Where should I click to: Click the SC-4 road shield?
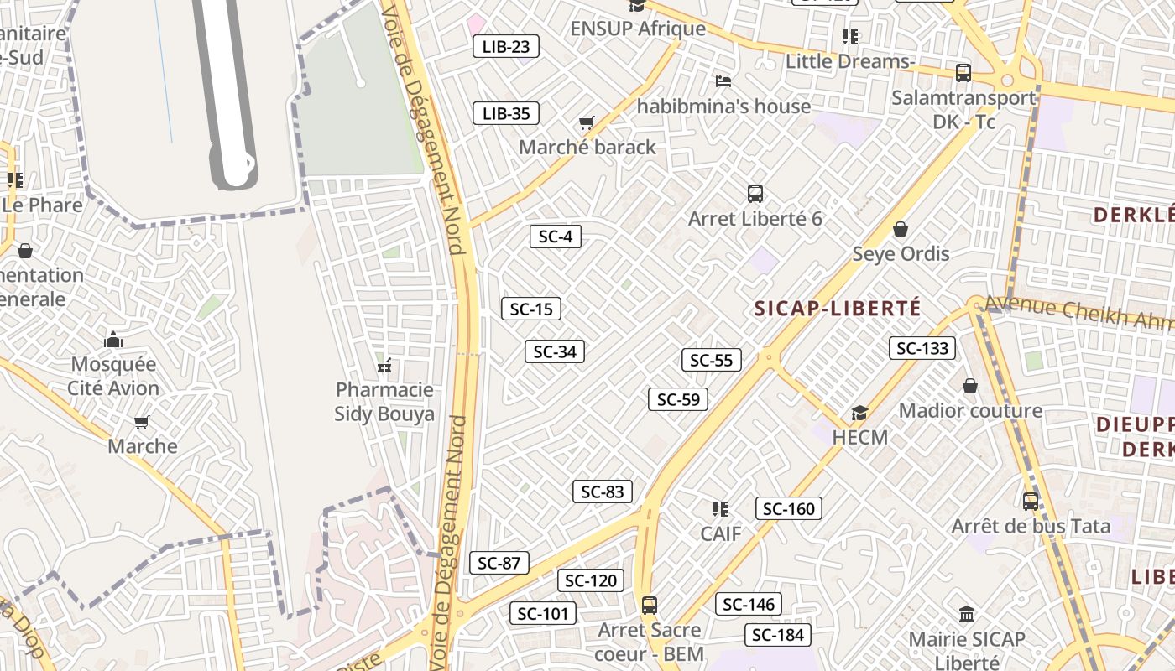(556, 237)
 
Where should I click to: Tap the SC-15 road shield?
(531, 309)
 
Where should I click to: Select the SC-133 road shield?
(922, 348)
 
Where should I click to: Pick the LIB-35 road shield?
(506, 113)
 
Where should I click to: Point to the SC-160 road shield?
(789, 508)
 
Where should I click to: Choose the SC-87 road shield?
(499, 563)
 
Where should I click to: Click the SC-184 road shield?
(779, 635)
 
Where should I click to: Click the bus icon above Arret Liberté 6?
(755, 194)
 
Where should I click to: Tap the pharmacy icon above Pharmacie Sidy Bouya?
(385, 366)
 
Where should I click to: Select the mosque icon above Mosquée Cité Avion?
(113, 340)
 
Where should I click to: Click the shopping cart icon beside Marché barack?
(587, 123)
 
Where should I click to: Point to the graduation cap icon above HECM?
(859, 413)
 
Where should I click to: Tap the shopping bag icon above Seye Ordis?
(901, 229)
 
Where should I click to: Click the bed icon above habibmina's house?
(723, 81)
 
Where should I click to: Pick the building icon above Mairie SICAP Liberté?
(967, 615)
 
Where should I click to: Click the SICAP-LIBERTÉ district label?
(838, 308)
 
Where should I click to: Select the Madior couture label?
(971, 411)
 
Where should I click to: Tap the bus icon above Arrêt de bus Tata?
(1031, 502)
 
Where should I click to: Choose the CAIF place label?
(721, 533)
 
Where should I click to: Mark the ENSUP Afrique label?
(638, 29)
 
